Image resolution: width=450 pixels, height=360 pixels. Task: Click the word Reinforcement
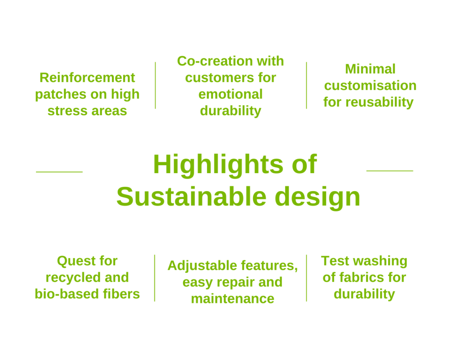[87, 77]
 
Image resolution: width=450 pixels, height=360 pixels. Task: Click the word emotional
[230, 94]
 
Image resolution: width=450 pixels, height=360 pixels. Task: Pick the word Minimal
[370, 69]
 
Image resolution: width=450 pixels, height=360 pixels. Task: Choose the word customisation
[370, 86]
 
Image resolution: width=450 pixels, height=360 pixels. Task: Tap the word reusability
[379, 102]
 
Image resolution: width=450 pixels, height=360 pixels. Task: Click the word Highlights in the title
[218, 165]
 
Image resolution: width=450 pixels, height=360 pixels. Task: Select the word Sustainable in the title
[192, 196]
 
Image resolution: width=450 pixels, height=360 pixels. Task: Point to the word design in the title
[317, 197]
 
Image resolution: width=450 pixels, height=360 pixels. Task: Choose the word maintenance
[232, 299]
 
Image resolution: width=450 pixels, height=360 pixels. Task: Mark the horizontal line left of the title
[59, 172]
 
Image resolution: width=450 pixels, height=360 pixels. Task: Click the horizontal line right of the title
[390, 171]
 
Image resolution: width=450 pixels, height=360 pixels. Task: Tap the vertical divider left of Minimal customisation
[306, 85]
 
